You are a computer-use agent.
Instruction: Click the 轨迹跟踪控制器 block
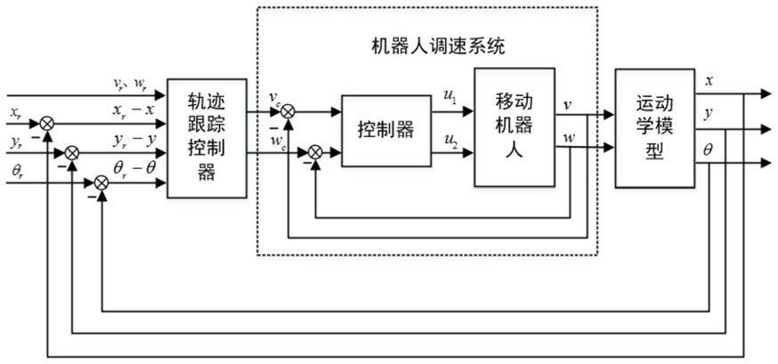pos(207,138)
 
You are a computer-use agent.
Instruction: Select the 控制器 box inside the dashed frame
pos(386,131)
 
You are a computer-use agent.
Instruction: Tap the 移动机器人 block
pos(515,127)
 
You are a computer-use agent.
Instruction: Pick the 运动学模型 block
pos(655,128)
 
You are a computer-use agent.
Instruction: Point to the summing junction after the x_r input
pos(46,123)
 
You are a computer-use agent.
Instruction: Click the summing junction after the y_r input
pos(72,153)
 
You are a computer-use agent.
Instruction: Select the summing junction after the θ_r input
pos(101,183)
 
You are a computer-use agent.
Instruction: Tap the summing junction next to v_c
pos(288,112)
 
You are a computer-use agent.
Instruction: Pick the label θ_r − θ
pos(133,170)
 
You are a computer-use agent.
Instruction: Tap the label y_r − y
pos(133,142)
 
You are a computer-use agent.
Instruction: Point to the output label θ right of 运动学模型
pos(708,149)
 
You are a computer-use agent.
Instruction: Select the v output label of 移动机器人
pos(568,106)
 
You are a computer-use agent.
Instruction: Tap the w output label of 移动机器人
pos(569,137)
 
